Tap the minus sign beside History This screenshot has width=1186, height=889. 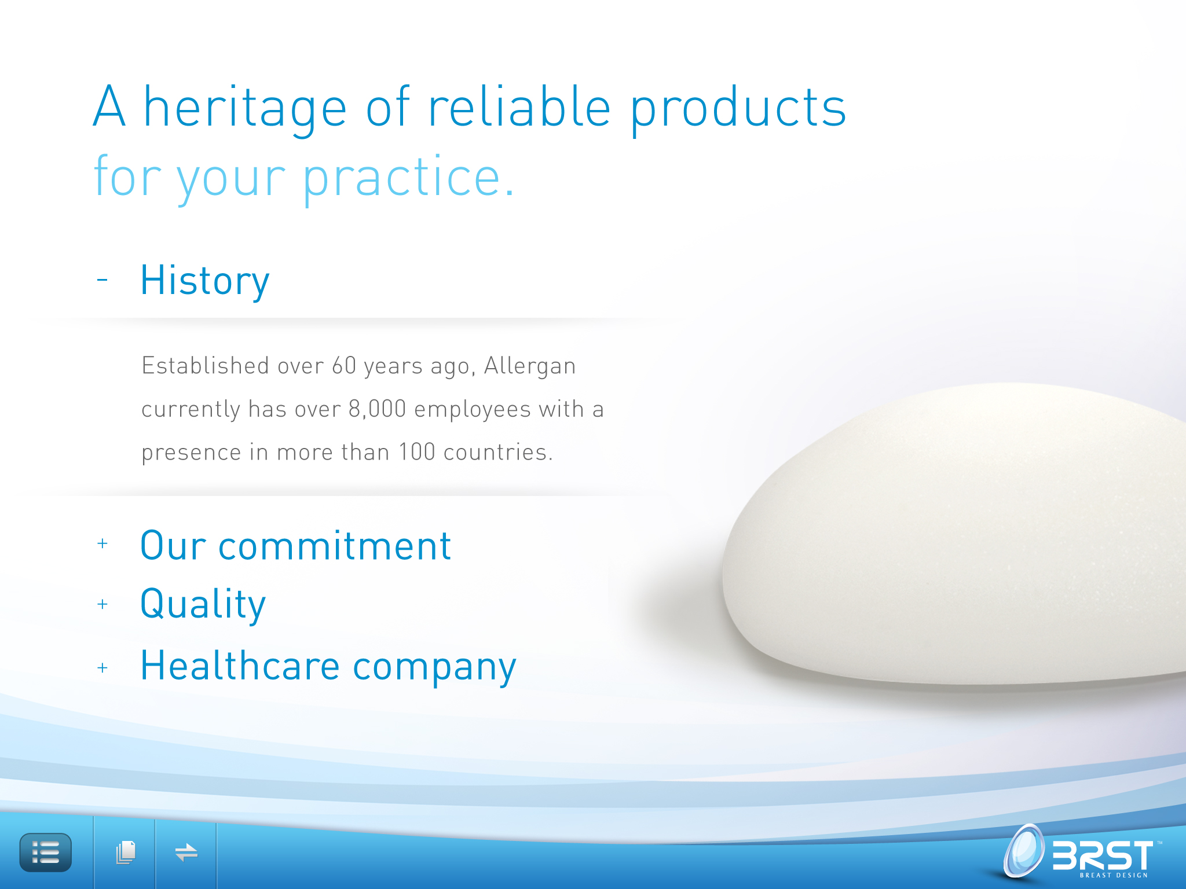pos(103,280)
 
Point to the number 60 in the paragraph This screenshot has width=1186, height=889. pos(344,366)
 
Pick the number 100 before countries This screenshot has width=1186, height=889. pos(417,452)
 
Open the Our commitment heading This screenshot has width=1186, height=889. pos(295,546)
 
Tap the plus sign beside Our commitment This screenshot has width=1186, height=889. pos(103,543)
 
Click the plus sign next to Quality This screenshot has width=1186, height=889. pos(103,604)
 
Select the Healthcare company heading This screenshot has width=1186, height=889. pos(328,667)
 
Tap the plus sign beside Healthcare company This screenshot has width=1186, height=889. pos(103,668)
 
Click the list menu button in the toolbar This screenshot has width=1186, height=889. pos(46,853)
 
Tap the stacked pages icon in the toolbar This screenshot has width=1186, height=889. pos(126,853)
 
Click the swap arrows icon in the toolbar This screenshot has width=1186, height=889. pos(186,853)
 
